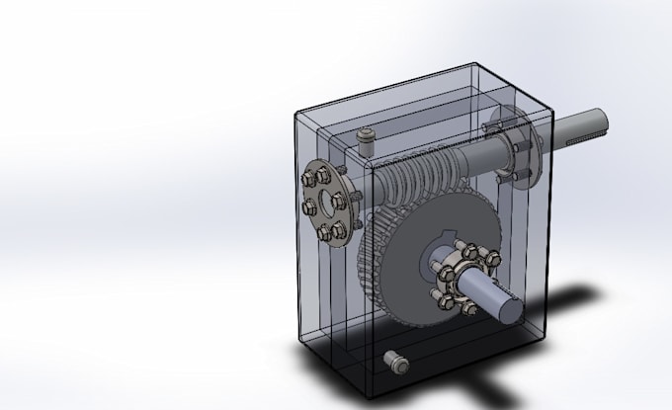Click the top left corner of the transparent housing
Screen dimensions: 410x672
click(x=295, y=112)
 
